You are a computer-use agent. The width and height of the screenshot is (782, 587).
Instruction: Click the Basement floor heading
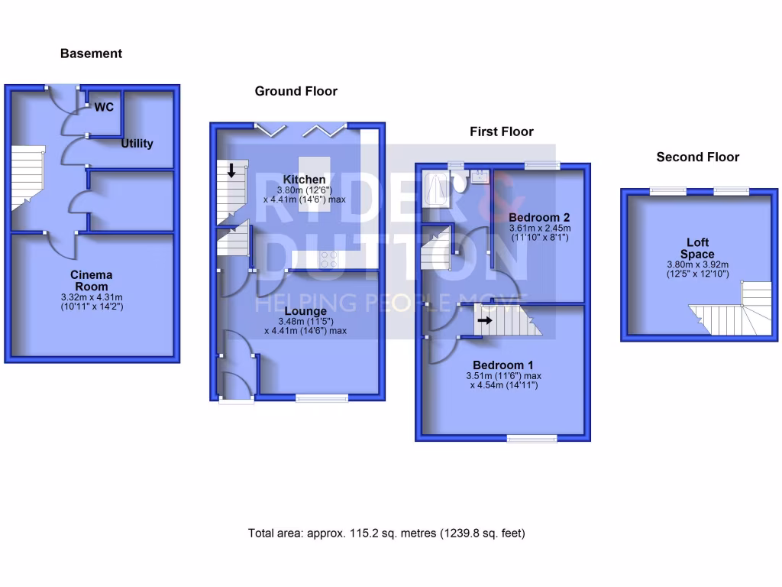point(91,54)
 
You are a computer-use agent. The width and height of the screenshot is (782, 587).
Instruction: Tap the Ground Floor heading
point(296,91)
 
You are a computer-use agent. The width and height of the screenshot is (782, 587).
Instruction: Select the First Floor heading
point(501,131)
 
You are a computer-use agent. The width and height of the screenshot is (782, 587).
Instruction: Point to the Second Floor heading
point(697,157)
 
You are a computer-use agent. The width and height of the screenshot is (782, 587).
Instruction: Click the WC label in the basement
point(104,107)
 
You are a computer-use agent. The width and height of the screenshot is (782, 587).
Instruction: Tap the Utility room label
point(137,143)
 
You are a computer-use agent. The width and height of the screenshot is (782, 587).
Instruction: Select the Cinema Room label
point(91,280)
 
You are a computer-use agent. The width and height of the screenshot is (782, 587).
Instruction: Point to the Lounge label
point(305,311)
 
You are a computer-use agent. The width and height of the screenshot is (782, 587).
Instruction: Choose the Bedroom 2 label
point(539,217)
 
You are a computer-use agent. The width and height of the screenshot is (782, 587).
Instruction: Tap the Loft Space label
point(697,248)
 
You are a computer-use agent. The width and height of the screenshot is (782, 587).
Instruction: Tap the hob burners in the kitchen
point(330,260)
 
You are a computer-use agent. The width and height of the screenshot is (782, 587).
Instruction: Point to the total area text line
point(386,533)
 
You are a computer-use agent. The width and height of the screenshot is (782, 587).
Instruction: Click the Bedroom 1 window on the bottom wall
point(532,438)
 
